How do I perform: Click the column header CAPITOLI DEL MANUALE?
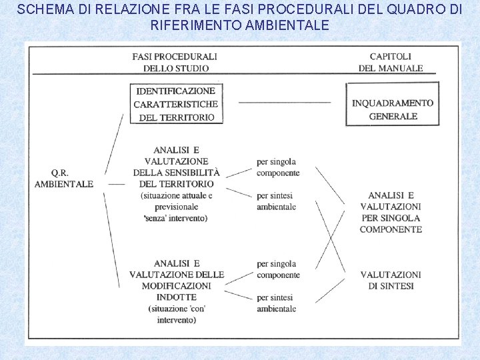click(x=391, y=62)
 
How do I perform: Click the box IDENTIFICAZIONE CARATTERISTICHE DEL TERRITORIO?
click(x=177, y=104)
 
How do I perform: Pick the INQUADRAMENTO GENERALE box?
click(x=393, y=109)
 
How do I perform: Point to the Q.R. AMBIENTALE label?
click(x=64, y=178)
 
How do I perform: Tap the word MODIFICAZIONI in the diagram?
click(x=175, y=285)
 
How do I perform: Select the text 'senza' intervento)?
click(x=175, y=218)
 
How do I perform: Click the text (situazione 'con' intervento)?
click(x=177, y=314)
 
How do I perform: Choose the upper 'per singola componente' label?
click(x=277, y=167)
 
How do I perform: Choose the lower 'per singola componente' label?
click(x=277, y=269)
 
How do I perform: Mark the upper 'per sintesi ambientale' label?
click(x=276, y=201)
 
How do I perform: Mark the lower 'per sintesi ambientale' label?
click(x=276, y=303)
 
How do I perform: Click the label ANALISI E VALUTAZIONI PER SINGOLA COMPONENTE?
click(x=391, y=212)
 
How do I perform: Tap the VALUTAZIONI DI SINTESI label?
click(x=391, y=280)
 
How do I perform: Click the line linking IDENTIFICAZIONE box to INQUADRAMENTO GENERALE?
click(x=285, y=103)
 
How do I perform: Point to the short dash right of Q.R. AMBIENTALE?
click(x=117, y=183)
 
